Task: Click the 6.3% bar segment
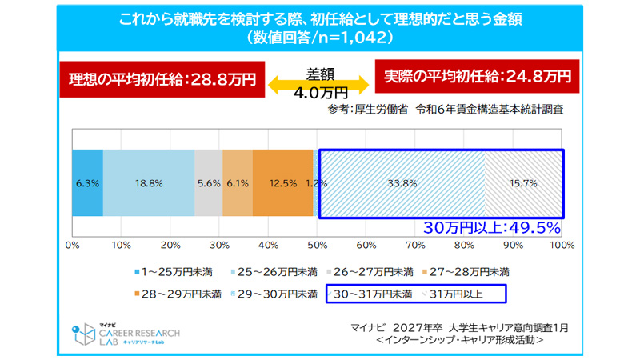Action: tap(87, 183)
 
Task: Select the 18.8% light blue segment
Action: tap(149, 183)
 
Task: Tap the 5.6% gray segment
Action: tap(208, 183)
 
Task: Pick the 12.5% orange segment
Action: tap(282, 183)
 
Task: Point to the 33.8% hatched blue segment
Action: tap(402, 183)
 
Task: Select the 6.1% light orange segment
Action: tap(237, 183)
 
